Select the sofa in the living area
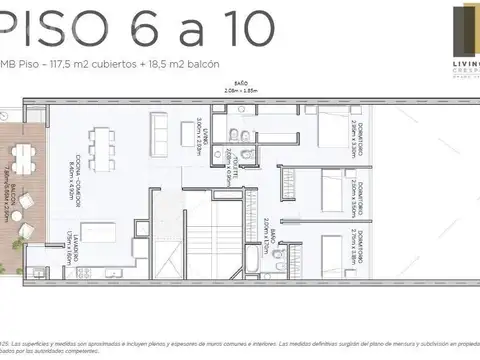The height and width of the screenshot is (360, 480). point(159,129)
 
